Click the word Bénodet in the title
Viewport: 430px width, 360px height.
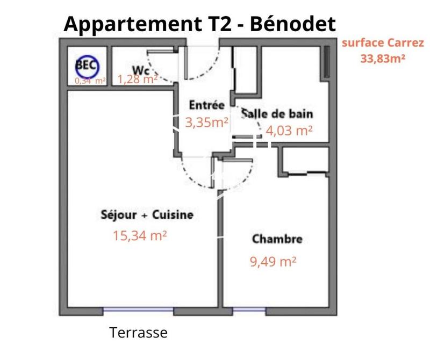click(294, 24)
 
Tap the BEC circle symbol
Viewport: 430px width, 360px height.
click(87, 66)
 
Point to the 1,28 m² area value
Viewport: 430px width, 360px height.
click(137, 80)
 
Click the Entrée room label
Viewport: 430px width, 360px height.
click(207, 105)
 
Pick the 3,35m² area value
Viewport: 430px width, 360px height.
click(207, 122)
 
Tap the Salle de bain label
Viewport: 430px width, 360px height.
click(277, 113)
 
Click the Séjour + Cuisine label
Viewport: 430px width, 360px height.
click(147, 215)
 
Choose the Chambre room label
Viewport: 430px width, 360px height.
click(277, 239)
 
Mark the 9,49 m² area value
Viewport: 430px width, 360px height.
click(274, 262)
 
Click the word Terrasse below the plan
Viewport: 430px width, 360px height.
click(139, 333)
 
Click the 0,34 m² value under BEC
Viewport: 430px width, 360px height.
click(90, 81)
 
